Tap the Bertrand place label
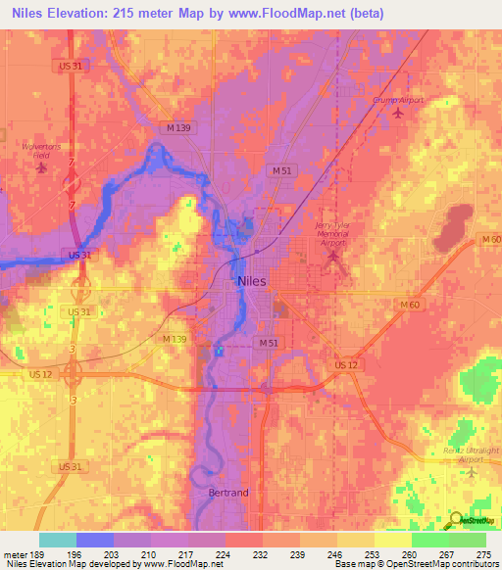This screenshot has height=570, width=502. [229, 494]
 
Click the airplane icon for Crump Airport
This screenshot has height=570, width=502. [397, 114]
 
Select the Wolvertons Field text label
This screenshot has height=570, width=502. [40, 150]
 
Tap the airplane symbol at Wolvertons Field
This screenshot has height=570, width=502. [40, 167]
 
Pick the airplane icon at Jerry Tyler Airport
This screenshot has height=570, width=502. [332, 258]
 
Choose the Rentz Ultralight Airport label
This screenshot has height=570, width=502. [463, 453]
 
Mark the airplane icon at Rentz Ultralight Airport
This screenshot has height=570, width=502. [472, 472]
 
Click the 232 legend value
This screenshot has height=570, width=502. [263, 554]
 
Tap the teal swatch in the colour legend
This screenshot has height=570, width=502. [58, 540]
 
